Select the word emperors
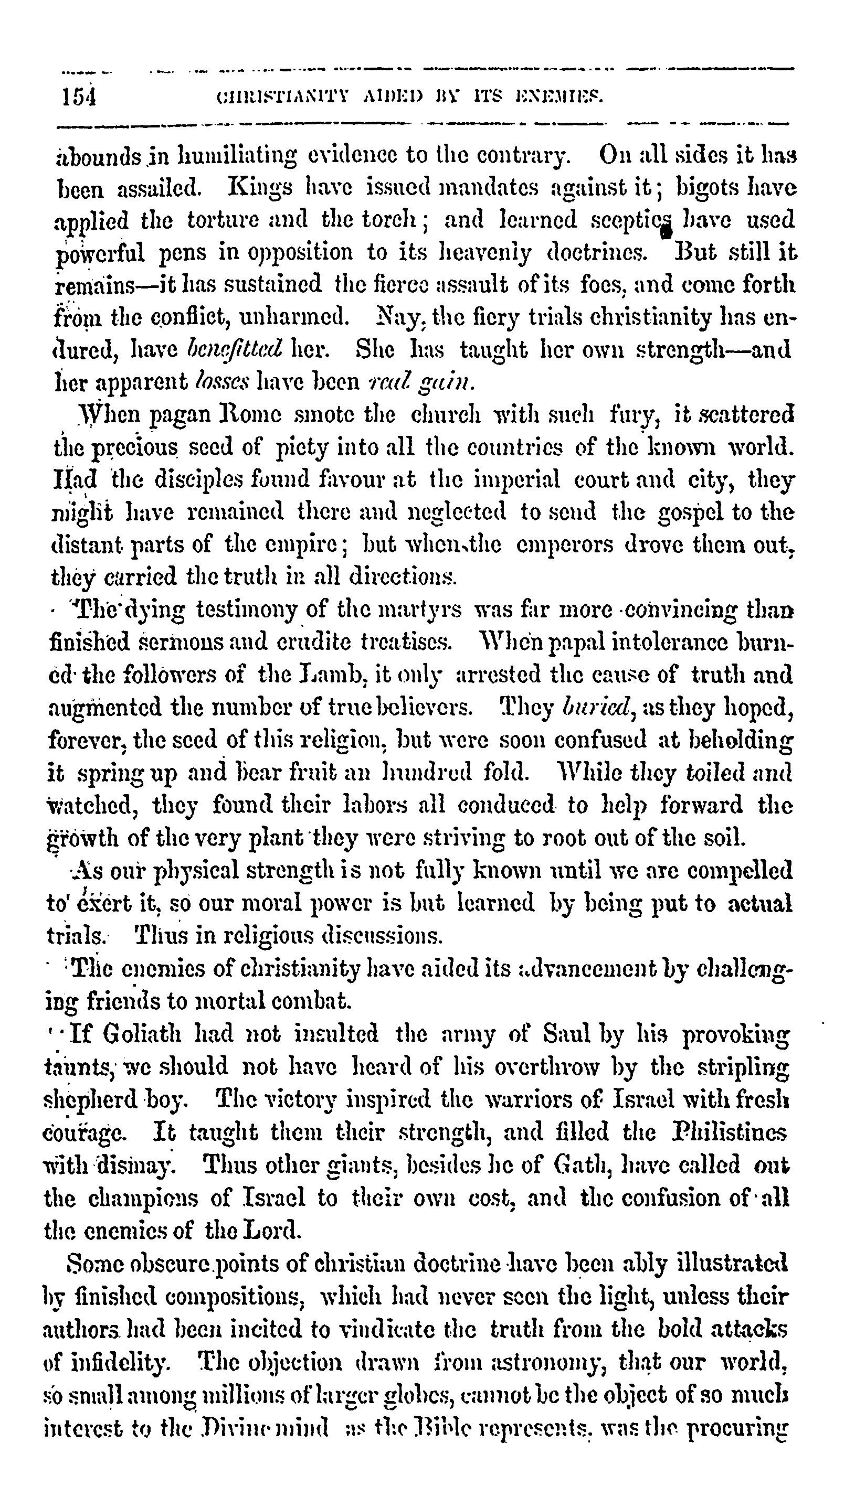(x=565, y=544)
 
